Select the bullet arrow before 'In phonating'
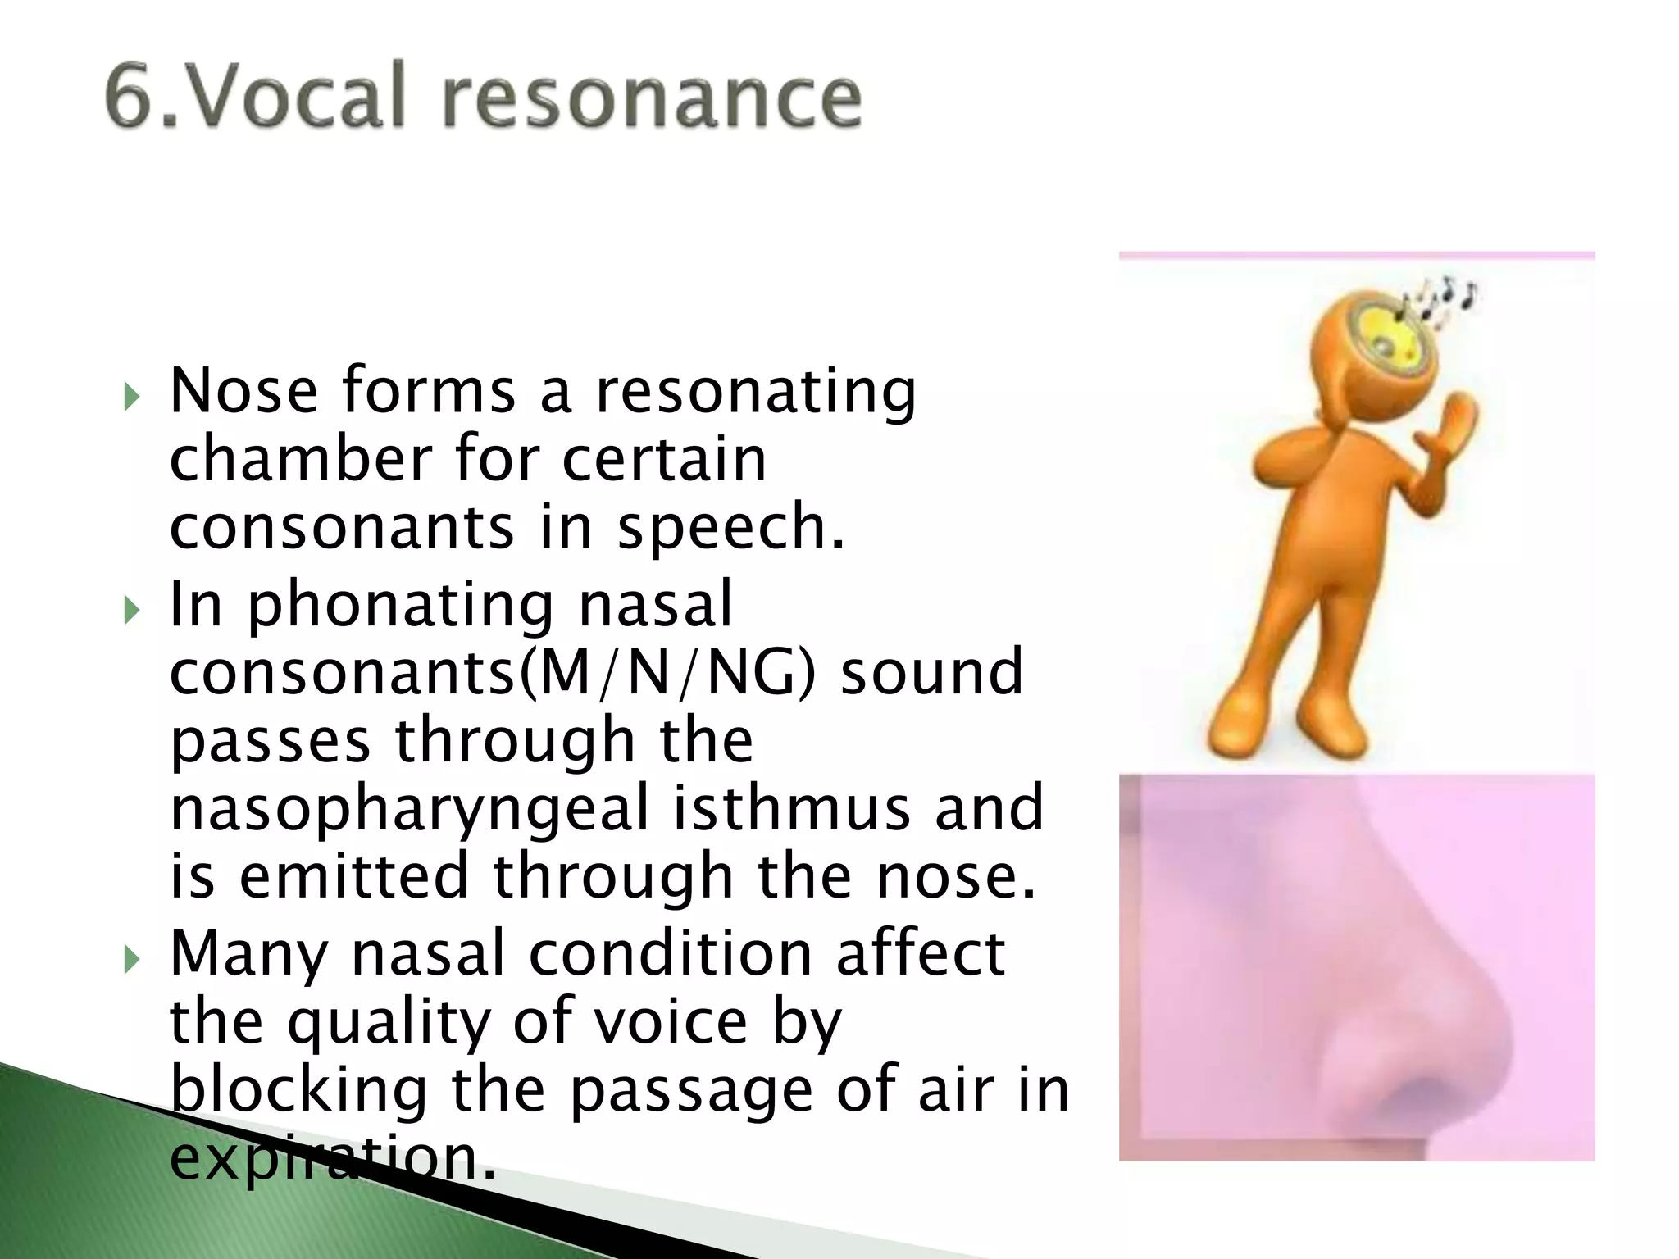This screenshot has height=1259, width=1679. (130, 611)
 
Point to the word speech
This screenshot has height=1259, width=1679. (730, 529)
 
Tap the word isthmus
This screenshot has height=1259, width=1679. (792, 808)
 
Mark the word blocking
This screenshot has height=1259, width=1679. (298, 1091)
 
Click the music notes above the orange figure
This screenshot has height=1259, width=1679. (1443, 299)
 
